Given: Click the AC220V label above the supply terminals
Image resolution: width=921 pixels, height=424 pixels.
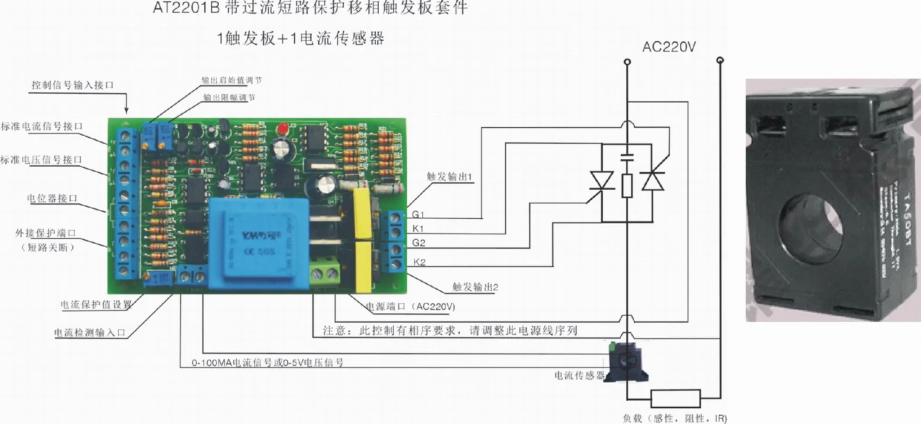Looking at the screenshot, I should coord(669,47).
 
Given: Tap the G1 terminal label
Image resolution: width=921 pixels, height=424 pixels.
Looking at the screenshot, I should coord(418,214).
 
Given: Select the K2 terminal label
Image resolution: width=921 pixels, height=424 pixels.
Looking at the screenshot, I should coord(419,262).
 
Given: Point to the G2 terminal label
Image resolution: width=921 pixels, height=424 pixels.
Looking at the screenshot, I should coord(419,242).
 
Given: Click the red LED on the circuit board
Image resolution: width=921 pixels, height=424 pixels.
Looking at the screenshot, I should coord(281,129).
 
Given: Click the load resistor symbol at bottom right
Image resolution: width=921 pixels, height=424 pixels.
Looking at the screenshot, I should coord(676,398).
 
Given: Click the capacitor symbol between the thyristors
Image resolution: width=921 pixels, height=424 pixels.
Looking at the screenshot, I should coord(627,157).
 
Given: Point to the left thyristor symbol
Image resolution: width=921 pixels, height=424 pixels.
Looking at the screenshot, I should coord(602,181).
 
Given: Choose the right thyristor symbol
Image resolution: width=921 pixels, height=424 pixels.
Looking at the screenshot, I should coord(652,181).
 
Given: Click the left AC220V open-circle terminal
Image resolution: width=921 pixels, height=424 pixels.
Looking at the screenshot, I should coord(627,61).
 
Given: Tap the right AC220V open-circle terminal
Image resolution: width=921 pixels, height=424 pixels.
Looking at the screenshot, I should coord(720,60).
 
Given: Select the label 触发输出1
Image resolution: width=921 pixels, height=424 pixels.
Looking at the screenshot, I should coord(449,176).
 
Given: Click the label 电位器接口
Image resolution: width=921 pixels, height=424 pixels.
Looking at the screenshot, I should coord(52,198).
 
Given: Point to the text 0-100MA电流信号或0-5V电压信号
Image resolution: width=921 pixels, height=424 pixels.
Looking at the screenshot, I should coord(268,362).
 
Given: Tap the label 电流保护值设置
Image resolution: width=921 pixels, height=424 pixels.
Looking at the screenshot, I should coord(96,305).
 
